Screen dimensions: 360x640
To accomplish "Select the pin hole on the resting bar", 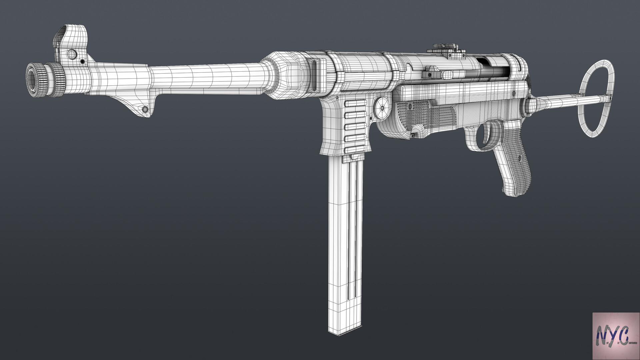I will coord(145,110).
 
